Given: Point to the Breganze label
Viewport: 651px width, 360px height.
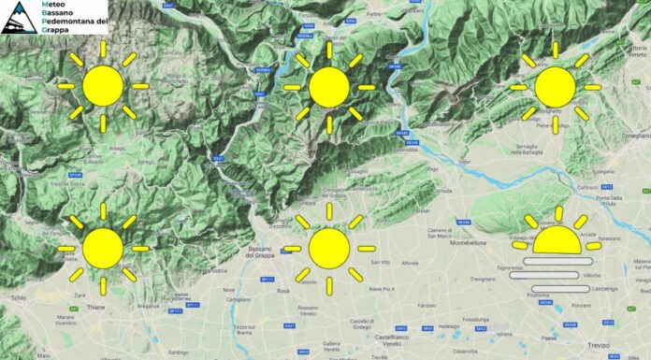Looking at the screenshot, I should tap(149, 305).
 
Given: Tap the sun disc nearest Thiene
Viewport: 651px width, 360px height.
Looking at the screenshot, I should tap(103, 247).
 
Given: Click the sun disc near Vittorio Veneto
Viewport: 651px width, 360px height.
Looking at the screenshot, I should tap(555, 86).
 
